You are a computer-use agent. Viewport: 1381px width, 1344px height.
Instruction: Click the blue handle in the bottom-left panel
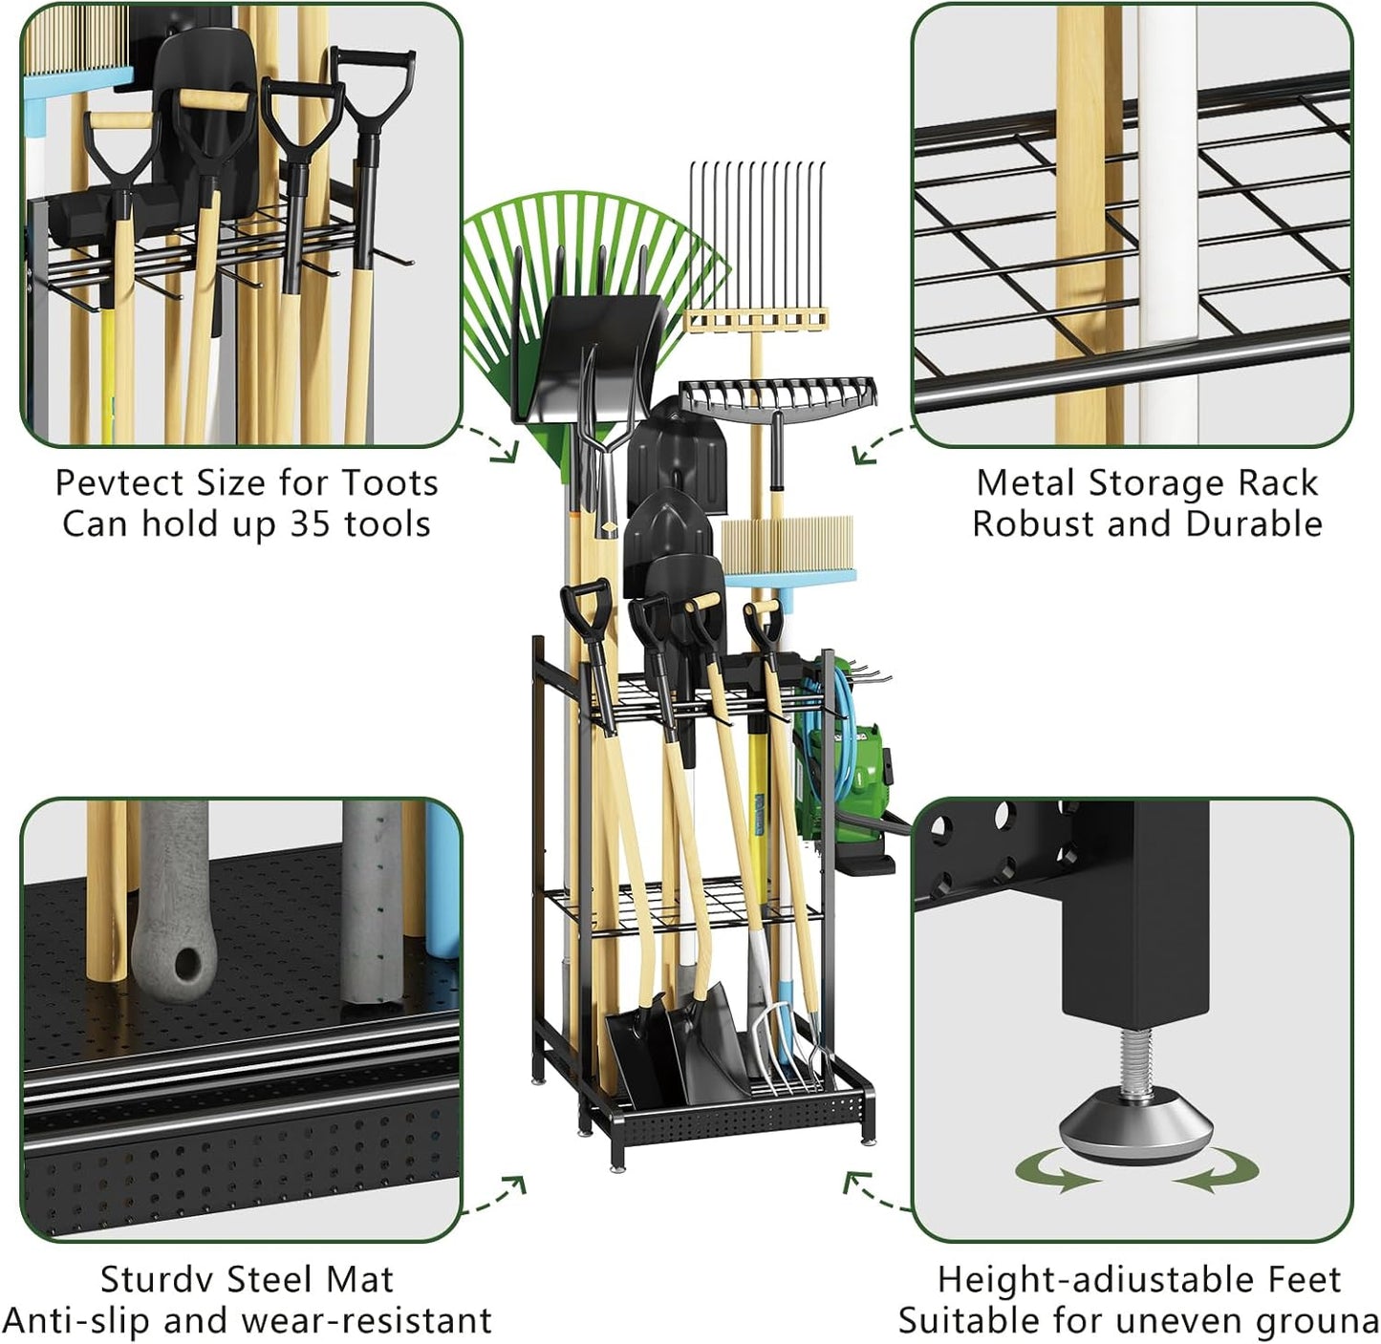[x=442, y=879]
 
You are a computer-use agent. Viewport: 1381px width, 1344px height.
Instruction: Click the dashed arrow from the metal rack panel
[x=881, y=445]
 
